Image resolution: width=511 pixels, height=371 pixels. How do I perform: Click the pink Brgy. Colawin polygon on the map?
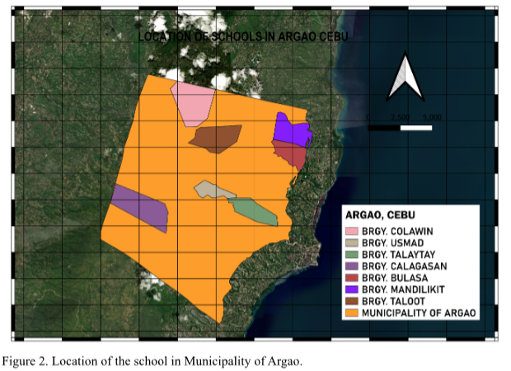coord(195,104)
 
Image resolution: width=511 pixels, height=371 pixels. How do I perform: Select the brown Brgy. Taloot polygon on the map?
coord(216,138)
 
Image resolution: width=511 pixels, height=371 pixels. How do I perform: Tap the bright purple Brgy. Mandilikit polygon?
coord(289,130)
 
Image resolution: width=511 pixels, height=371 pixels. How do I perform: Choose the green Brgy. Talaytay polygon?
coord(253,211)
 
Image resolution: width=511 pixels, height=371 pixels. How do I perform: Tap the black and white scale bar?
coord(401,128)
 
